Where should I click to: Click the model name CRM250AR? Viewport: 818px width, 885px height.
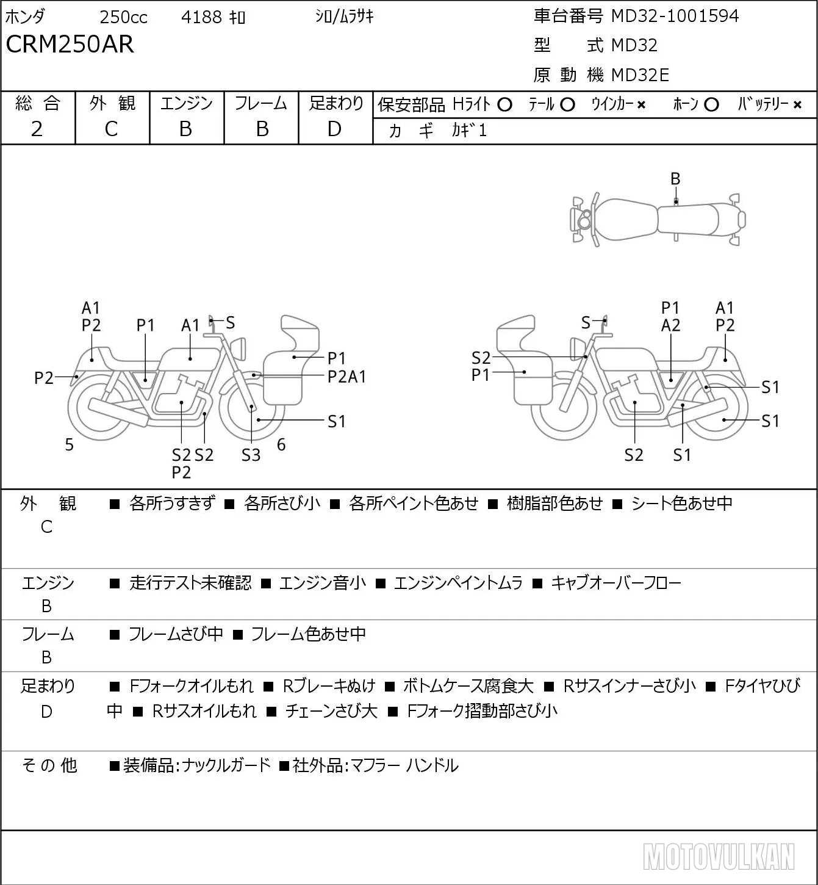(70, 44)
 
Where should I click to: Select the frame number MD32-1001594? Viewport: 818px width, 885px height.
(675, 16)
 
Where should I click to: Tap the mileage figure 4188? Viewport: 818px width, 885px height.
(201, 17)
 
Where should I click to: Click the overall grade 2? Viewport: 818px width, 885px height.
(37, 129)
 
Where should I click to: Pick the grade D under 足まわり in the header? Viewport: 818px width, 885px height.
(335, 129)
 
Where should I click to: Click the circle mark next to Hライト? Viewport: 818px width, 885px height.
(504, 105)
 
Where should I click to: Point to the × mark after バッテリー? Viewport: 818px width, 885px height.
(797, 105)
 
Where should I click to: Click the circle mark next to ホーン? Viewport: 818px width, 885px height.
(711, 105)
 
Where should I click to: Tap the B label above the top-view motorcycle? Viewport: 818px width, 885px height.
(675, 179)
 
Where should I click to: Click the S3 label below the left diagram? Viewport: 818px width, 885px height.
(251, 455)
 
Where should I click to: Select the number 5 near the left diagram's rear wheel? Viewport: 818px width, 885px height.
(69, 445)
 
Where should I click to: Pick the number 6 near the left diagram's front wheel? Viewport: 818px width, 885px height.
(281, 444)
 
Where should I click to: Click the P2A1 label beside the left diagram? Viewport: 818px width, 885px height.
(346, 377)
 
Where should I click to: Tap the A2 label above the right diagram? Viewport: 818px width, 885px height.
(670, 326)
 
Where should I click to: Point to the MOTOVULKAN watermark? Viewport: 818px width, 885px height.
(719, 857)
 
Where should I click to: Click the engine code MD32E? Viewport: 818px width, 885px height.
(640, 75)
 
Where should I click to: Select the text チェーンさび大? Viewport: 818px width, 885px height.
(331, 711)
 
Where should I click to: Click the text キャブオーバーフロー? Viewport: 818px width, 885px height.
(616, 583)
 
